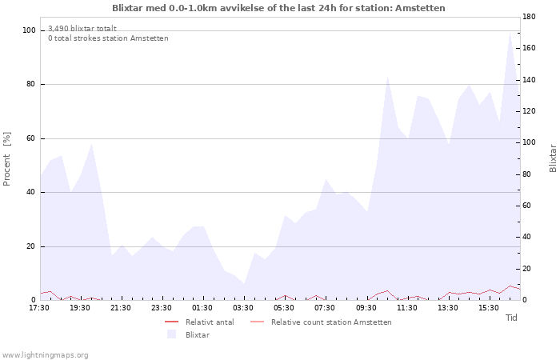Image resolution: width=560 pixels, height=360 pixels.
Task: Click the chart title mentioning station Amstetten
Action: (278, 8)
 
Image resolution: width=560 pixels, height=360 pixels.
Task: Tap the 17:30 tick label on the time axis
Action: (39, 308)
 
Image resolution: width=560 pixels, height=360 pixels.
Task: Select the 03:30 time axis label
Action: (243, 308)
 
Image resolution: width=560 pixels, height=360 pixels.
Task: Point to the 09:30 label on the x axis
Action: (366, 308)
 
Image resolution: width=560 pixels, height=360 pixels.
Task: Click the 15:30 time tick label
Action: (489, 308)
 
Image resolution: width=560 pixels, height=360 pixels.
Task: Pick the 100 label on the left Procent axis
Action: (29, 30)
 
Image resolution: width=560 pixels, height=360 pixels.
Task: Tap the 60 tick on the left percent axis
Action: (30, 138)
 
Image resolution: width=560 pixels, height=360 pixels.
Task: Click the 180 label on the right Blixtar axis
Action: (529, 17)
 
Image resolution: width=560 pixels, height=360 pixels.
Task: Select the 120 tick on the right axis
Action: (529, 111)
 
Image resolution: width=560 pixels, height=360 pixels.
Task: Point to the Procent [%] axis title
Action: (6, 159)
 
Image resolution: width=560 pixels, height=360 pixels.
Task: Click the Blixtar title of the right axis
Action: (553, 158)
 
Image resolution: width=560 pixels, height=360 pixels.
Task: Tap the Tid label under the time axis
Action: (511, 318)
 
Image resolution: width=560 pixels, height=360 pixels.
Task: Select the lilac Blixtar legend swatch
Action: (172, 334)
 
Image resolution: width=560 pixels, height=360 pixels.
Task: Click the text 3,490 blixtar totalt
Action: (82, 29)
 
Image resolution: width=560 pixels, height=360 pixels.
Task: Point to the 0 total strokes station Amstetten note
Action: (108, 38)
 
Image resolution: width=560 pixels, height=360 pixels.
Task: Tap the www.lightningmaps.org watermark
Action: (45, 355)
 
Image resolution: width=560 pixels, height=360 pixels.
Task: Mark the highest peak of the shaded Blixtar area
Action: (510, 34)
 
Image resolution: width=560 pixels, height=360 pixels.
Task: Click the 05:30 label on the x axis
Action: (284, 308)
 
